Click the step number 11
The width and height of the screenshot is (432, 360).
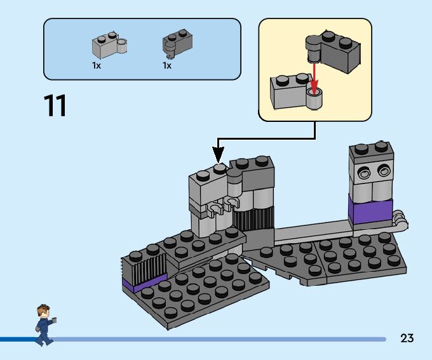point(55,105)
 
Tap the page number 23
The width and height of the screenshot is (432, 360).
point(407,338)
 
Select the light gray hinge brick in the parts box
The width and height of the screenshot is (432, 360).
point(109,44)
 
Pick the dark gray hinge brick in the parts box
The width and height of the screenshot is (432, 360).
point(177,43)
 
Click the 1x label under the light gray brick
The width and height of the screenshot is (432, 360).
point(97,65)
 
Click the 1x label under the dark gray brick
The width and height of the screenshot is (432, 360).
point(167,65)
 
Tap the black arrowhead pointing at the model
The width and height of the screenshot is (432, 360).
point(218,155)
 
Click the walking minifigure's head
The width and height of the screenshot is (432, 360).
point(43,312)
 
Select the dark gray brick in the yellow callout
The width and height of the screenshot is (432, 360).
point(333,50)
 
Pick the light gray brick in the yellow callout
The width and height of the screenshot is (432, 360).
point(295,91)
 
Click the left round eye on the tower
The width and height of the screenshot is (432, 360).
point(363,173)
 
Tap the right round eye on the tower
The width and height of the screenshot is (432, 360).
point(383,171)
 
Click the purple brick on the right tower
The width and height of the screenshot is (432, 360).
point(370,211)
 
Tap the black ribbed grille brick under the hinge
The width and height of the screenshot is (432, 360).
point(253,218)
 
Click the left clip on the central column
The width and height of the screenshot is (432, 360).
point(215,209)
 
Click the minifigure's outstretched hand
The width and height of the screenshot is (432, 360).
point(54,320)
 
